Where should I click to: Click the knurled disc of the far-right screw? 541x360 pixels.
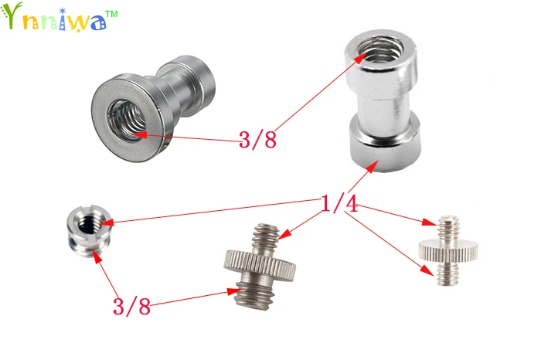click(446, 249)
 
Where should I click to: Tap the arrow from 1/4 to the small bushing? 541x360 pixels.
click(216, 214)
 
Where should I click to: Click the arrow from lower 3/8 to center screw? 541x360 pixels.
click(193, 299)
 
